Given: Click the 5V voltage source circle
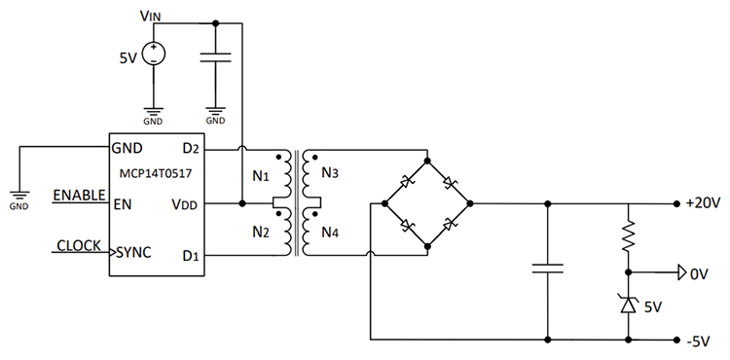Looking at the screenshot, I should (x=153, y=54).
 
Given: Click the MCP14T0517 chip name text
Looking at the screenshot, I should (x=156, y=177).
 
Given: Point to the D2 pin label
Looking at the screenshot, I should (x=190, y=150).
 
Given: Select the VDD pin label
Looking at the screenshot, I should (x=187, y=204).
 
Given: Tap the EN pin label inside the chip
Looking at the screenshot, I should (x=124, y=204).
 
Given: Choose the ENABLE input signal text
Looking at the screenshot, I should (x=79, y=195).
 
